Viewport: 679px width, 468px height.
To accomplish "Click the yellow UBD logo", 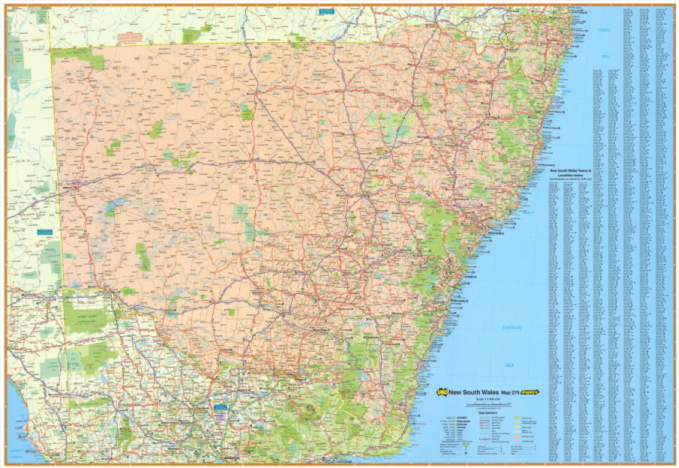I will [x=442, y=391].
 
